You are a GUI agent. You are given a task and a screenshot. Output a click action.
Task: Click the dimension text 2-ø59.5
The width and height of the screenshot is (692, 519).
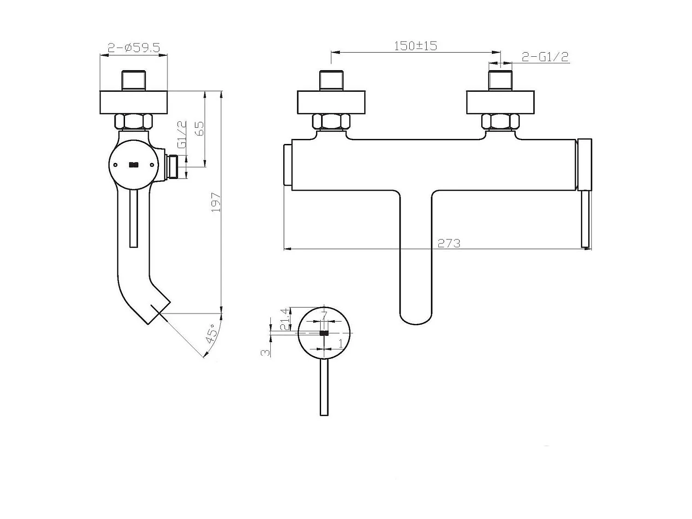click(x=134, y=48)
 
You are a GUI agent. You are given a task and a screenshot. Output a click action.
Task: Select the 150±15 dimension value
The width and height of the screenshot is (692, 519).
click(x=415, y=46)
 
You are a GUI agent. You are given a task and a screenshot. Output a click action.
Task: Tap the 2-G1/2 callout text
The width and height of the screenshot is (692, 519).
click(x=545, y=57)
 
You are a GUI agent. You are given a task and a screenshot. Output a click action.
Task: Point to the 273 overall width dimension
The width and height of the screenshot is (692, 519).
click(x=449, y=243)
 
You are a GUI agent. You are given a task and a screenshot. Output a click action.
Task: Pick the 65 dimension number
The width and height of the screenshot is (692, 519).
click(x=200, y=128)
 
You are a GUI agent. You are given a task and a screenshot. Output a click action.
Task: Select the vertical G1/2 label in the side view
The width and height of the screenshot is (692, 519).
click(x=182, y=134)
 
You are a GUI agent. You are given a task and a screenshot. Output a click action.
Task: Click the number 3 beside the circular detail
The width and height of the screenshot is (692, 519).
click(x=265, y=352)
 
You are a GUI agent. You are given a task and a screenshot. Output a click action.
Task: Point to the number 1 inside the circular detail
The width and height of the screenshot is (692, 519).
click(x=340, y=344)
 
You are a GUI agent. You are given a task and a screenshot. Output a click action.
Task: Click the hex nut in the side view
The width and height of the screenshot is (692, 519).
click(x=133, y=122)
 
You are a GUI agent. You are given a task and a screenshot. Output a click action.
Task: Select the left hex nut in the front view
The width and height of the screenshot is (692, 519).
click(x=331, y=122)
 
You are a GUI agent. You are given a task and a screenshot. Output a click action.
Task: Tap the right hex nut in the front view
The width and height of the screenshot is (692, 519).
click(x=500, y=122)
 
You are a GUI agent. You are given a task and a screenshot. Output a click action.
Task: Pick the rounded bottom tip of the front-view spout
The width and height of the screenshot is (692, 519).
click(x=416, y=318)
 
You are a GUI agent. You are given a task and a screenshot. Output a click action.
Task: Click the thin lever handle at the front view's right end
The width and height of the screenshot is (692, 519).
click(x=586, y=219)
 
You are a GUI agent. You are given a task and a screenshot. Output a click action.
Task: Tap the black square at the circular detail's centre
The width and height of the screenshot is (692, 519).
click(x=324, y=333)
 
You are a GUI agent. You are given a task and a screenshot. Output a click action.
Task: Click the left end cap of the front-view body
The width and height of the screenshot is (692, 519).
click(x=287, y=164)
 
